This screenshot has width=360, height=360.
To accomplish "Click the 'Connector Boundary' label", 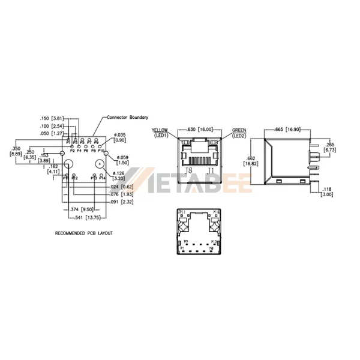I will pos(127,118).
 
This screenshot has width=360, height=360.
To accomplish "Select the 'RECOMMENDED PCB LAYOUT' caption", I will pos(83,233).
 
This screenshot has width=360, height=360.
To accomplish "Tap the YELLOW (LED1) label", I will pos(160,131).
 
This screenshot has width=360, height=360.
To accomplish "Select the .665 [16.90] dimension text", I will pos(289,129).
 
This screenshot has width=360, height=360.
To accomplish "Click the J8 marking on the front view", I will pos(188,172).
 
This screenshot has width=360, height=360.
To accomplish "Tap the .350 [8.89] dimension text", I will pos(17,151).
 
